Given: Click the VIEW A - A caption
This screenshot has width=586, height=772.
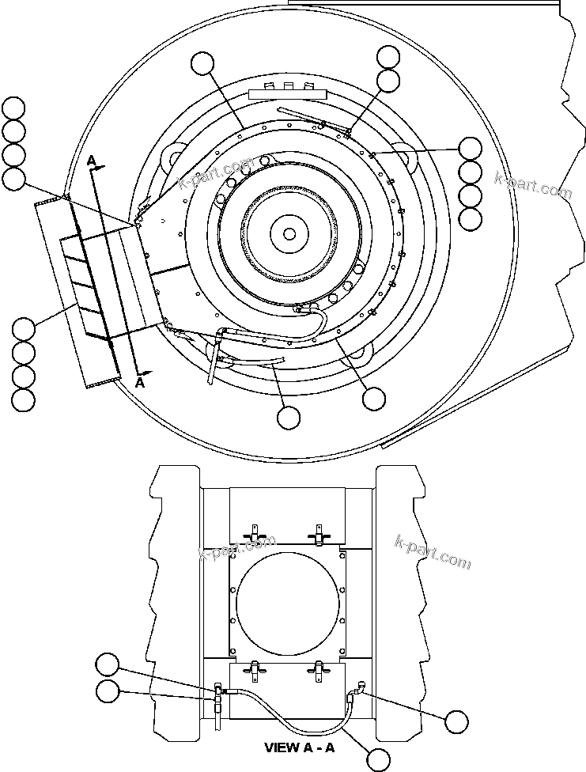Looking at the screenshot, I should [x=300, y=747].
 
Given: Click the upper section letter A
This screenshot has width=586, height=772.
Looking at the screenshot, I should [x=92, y=161].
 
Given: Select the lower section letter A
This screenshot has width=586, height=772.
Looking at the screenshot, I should [x=140, y=382].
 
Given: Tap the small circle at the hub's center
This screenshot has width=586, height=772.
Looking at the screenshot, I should [x=289, y=233].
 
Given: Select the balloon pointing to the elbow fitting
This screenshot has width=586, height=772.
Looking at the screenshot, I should [x=456, y=721].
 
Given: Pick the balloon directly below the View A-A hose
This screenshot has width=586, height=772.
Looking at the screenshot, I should [x=379, y=759].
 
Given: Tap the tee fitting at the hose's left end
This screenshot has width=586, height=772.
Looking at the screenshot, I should [x=217, y=694].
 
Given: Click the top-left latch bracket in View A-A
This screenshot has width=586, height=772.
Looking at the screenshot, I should [x=254, y=534].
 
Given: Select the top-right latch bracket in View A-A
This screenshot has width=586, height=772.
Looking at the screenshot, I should [x=318, y=534].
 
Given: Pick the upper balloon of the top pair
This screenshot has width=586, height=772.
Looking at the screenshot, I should [x=388, y=57].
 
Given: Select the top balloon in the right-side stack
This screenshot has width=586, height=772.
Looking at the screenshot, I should [x=470, y=148].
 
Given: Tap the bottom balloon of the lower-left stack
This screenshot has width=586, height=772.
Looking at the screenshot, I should [x=24, y=399].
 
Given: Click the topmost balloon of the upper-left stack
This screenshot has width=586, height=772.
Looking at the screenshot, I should [x=14, y=108].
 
